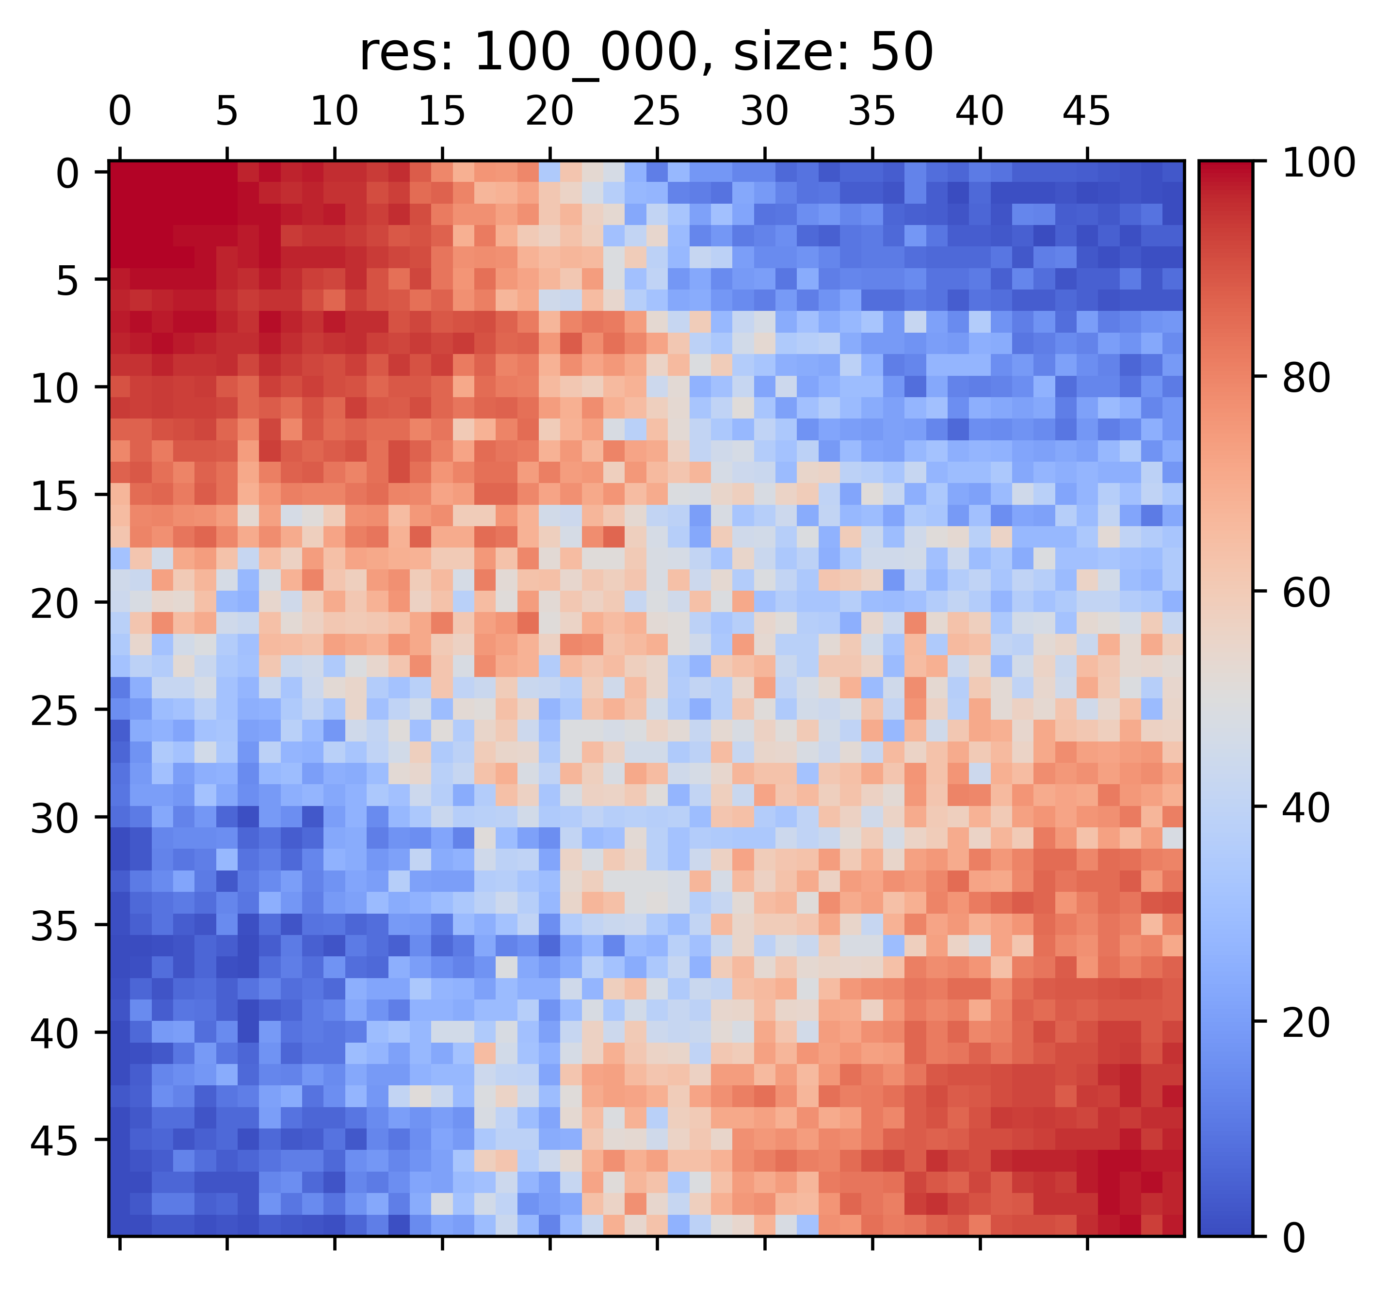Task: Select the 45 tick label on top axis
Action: [1086, 112]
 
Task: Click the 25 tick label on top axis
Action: [657, 112]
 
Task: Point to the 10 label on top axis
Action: [334, 112]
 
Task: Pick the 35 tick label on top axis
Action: [871, 112]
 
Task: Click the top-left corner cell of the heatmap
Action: [119, 172]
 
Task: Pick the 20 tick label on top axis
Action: [549, 112]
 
